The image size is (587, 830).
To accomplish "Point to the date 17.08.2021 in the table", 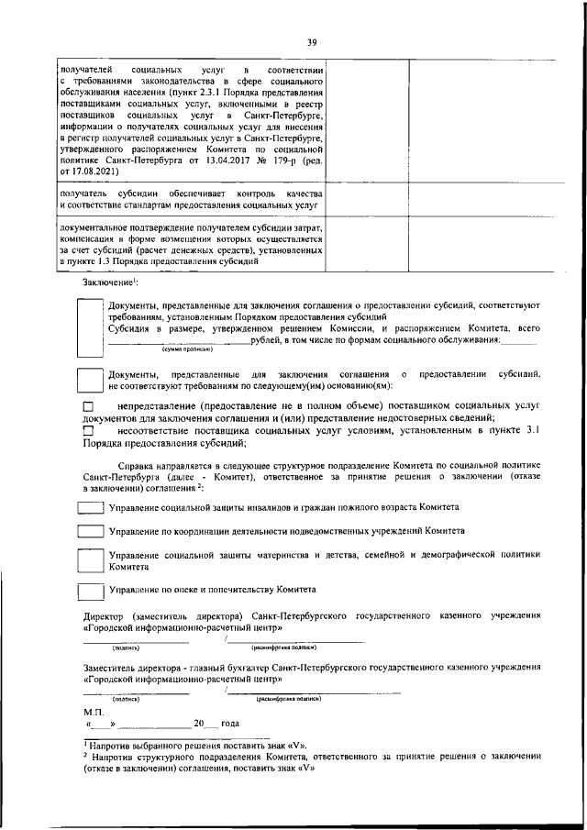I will coord(94,171).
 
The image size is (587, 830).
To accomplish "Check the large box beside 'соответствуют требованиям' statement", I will coord(90,323).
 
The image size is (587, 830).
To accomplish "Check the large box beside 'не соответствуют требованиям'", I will coord(90,381).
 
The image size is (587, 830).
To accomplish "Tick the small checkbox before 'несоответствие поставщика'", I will coord(88,430).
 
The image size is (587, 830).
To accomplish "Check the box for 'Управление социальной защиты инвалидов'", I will coord(90,507).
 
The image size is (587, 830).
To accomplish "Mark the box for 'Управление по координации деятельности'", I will coord(90,531).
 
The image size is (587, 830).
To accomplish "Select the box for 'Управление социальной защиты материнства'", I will coord(90,560).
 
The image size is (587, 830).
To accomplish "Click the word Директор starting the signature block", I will coord(105,617).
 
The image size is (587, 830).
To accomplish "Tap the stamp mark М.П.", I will coord(93,711).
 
